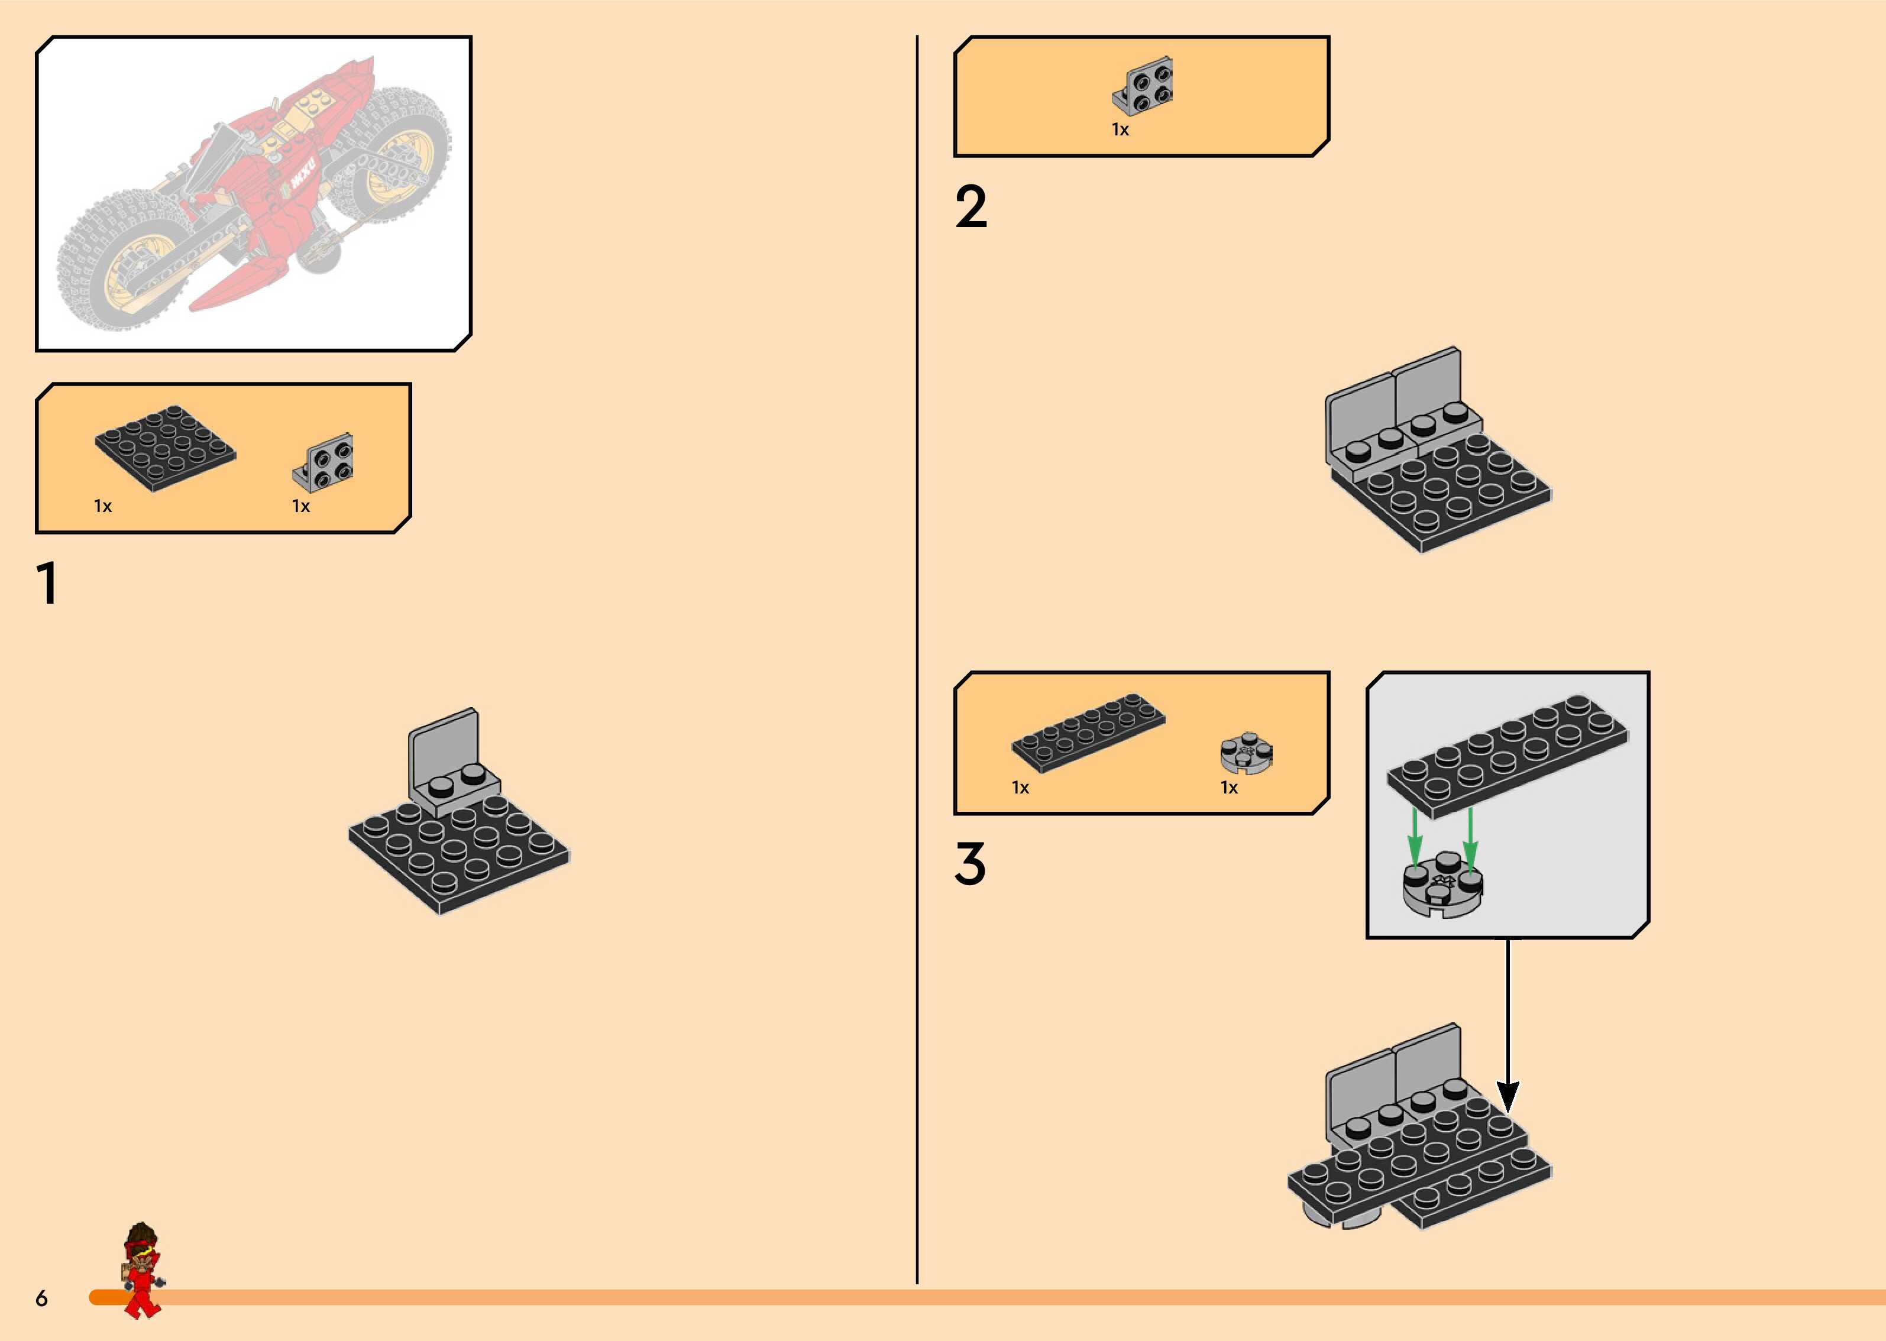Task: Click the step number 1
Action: [48, 583]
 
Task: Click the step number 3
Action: [971, 864]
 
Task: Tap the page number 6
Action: [41, 1298]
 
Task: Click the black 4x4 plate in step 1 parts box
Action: [165, 448]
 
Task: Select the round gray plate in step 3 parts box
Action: [1246, 753]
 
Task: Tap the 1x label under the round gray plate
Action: [1229, 788]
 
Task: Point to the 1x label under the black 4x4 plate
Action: [102, 506]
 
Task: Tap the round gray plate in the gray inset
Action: [1442, 887]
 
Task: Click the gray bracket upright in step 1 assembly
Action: [444, 743]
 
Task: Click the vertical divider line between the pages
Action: [917, 660]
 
